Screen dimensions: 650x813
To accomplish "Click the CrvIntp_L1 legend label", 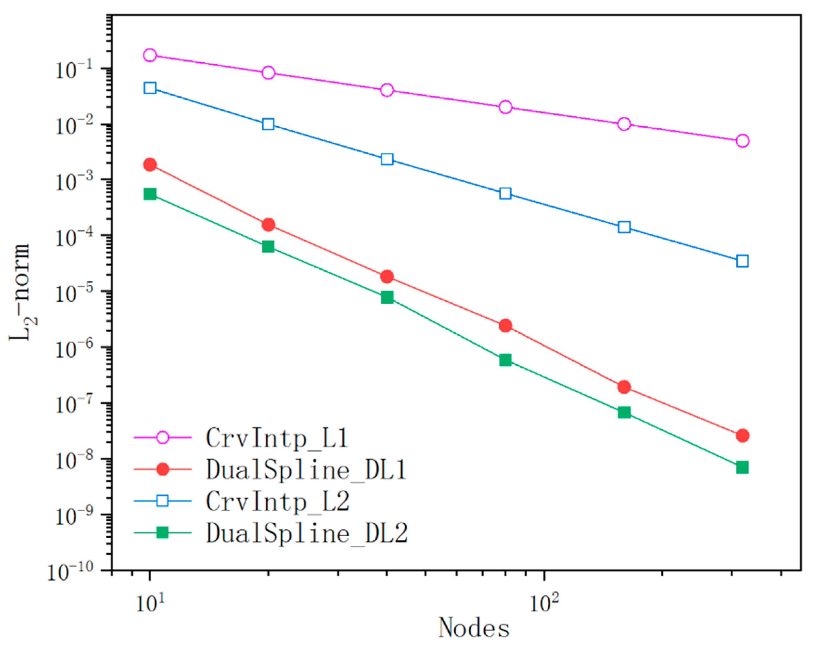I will [277, 438].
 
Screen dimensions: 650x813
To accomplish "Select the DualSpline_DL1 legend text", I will [306, 470].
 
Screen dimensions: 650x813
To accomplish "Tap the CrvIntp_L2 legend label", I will [278, 502].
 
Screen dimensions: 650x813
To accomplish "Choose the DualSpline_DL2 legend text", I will [307, 534].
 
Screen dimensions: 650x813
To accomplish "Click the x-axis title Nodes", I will [474, 628].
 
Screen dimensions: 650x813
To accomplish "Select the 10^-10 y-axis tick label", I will [70, 572].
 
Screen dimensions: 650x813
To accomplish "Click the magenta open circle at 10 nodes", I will [150, 55].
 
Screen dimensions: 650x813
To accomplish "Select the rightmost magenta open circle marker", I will [742, 141].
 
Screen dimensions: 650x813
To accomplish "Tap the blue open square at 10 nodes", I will [150, 88].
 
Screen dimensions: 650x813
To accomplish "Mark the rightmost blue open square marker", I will [742, 261].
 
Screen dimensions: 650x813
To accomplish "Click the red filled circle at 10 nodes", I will [150, 165].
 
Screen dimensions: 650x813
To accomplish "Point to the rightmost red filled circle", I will [742, 435].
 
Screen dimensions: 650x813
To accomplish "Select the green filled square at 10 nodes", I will [150, 194].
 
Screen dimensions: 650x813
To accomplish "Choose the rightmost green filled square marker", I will [742, 467].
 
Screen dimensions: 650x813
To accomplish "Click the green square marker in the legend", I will [162, 533].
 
